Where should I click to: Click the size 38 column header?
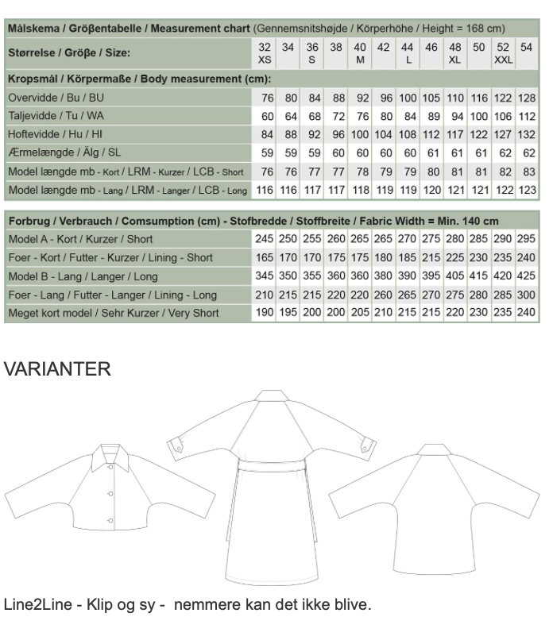(x=336, y=48)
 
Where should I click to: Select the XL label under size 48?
(x=455, y=60)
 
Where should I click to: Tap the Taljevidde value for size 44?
(x=408, y=116)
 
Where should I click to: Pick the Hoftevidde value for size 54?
(x=527, y=134)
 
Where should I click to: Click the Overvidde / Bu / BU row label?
(x=56, y=98)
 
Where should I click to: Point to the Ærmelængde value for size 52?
(x=503, y=152)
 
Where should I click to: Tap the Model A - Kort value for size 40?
(x=360, y=239)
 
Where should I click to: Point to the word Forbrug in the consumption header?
(x=29, y=220)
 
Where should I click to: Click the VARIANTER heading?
(x=57, y=368)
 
